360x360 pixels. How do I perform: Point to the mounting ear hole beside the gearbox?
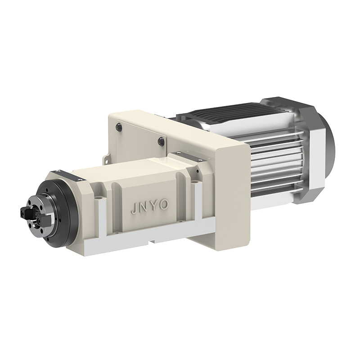(106, 158)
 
